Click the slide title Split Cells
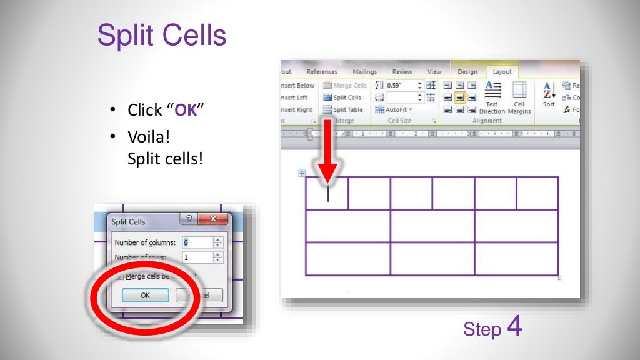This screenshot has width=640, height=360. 162,36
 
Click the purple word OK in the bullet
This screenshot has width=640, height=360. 185,111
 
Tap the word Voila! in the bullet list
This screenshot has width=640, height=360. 149,136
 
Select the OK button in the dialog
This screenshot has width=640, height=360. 145,296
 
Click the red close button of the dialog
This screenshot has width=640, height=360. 214,219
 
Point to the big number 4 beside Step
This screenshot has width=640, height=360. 514,327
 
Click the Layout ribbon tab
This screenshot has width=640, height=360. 502,72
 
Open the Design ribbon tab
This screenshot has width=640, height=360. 467,72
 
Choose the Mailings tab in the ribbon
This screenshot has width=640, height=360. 364,72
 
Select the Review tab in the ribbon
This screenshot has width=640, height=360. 402,72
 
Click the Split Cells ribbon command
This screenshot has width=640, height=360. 343,97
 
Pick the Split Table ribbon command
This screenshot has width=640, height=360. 343,109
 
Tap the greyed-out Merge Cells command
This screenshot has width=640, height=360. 346,86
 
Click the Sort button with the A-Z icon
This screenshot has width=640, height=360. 549,95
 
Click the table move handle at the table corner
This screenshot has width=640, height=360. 302,173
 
